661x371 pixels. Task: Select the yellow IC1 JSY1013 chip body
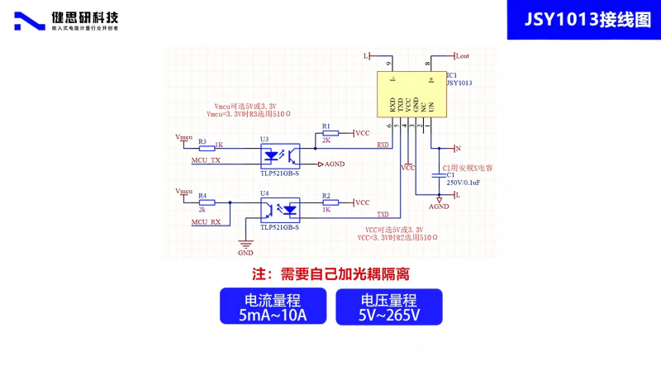410,94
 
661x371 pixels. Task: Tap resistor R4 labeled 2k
207,202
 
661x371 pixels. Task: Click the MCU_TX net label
206,160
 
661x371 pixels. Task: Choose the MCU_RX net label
206,222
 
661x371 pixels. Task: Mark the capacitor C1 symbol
439,174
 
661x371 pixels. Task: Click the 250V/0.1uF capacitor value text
464,182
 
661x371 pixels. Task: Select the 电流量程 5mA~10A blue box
272,306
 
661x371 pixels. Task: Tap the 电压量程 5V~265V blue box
389,306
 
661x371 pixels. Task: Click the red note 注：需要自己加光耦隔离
330,273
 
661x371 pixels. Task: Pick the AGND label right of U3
334,164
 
